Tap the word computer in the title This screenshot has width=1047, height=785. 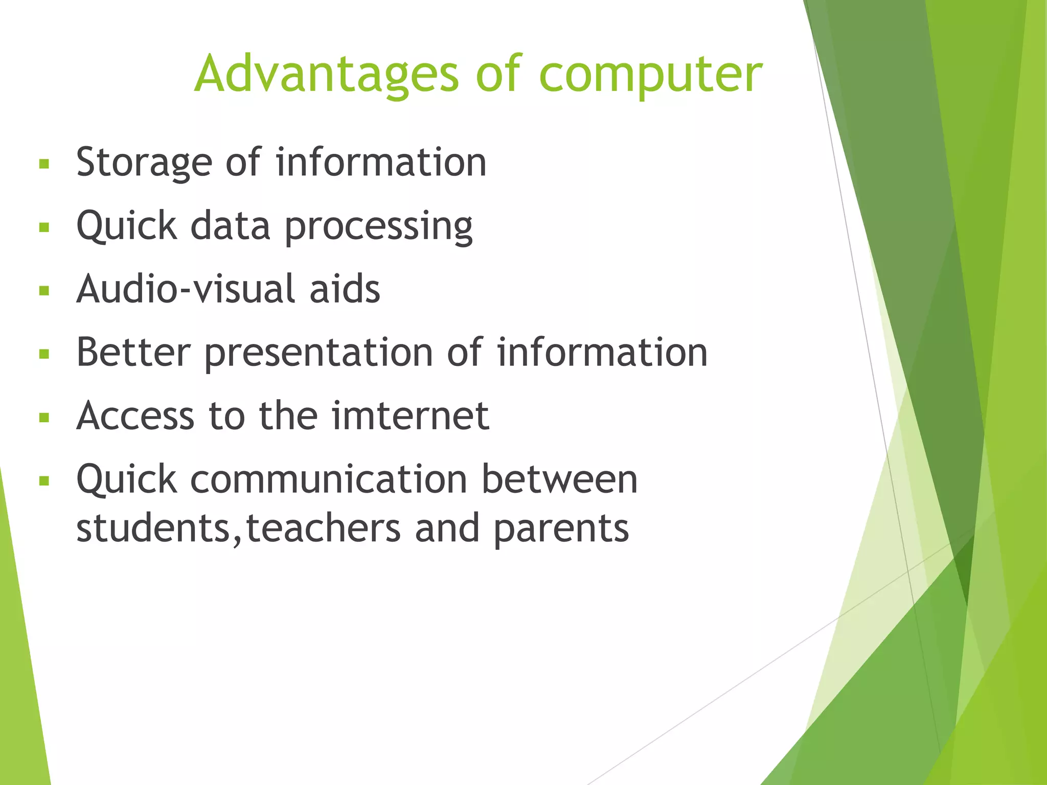point(650,75)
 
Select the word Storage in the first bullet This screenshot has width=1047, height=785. point(144,163)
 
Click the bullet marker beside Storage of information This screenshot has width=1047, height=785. point(44,164)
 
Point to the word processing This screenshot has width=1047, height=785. point(378,226)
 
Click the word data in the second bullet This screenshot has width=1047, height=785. point(230,225)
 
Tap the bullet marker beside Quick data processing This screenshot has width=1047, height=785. point(44,227)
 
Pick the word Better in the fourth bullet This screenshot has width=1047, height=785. point(133,352)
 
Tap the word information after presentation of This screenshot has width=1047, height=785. point(602,352)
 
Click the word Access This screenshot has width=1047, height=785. point(135,415)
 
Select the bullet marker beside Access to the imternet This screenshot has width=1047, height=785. point(44,418)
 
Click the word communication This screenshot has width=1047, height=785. point(329,479)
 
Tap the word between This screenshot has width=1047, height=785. point(559,479)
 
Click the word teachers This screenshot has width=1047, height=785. point(323,528)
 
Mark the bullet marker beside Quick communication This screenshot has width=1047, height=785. point(44,481)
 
